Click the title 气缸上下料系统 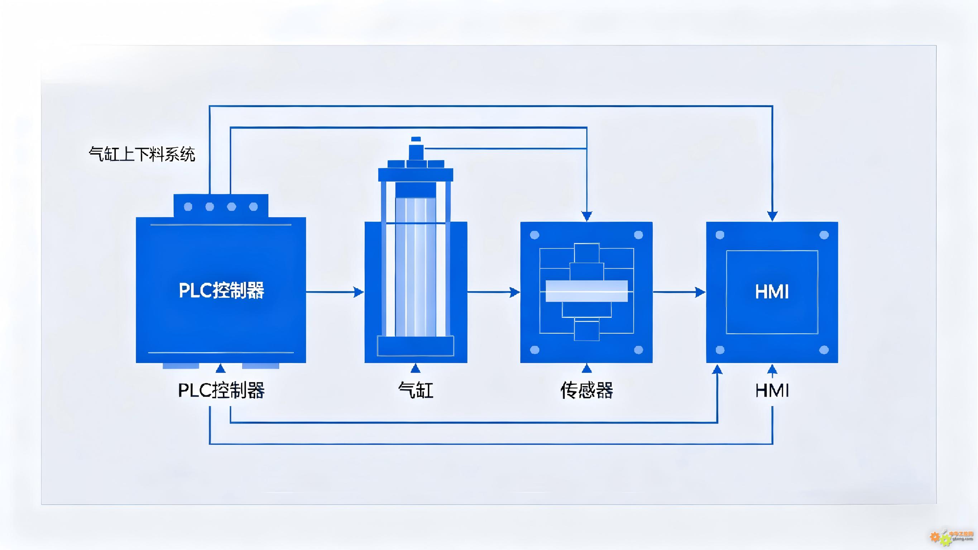pos(142,154)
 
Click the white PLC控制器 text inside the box pos(221,291)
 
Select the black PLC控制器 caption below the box pos(221,390)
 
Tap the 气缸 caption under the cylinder pos(416,390)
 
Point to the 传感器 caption pos(586,390)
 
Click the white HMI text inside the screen pos(772,292)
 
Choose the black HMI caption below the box pos(772,390)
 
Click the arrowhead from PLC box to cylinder pos(358,292)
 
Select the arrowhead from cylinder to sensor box pos(514,292)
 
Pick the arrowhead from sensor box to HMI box pos(700,292)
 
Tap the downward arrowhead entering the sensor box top pos(586,216)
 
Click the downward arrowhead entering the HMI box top pos(772,216)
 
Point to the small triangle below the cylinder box pos(416,368)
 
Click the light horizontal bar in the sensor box pos(586,291)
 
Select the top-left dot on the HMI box pos(720,235)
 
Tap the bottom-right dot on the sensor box pos(639,349)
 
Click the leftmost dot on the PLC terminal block pos(188,207)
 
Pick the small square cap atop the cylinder pos(416,139)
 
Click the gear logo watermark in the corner pos(940,538)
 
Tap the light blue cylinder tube pos(415,266)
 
